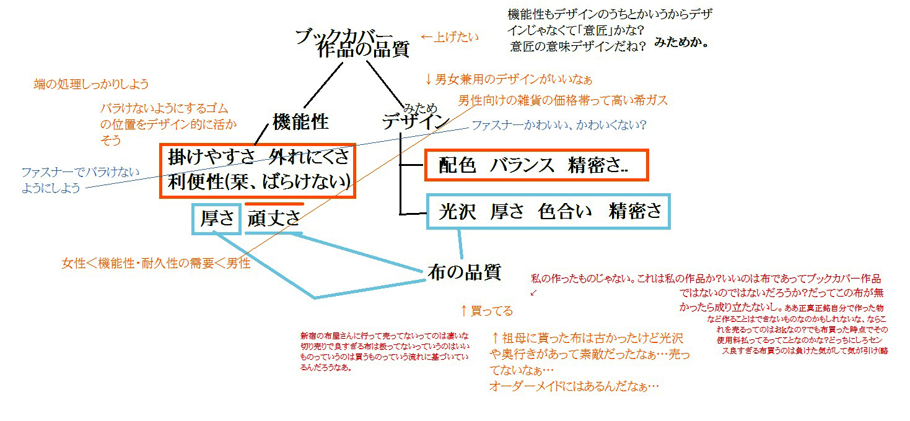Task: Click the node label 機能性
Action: [300, 122]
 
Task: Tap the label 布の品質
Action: [464, 271]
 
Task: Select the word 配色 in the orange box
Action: [457, 165]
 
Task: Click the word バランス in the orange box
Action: [521, 165]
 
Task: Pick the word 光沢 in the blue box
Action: [457, 212]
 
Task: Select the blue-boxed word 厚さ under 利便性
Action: [217, 219]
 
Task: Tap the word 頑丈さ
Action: [274, 219]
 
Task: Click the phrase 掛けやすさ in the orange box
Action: [211, 158]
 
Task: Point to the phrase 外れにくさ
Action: [310, 158]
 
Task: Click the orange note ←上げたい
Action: [449, 37]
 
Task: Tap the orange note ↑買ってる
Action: [486, 310]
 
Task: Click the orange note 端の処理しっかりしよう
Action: [92, 84]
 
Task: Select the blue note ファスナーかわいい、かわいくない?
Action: [559, 125]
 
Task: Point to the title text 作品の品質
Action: [362, 50]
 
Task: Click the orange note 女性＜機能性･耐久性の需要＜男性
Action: [155, 264]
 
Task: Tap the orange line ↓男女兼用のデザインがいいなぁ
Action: [508, 79]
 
